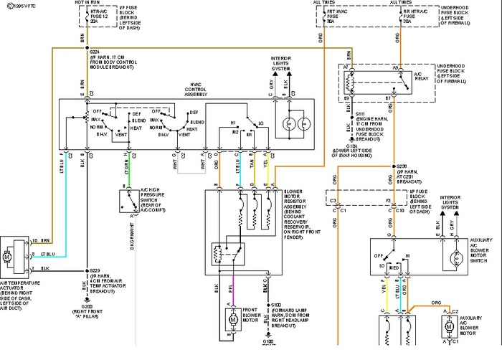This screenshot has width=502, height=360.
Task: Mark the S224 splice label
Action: point(95,52)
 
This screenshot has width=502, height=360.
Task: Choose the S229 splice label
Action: point(95,271)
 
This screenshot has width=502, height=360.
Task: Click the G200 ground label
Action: point(86,305)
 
